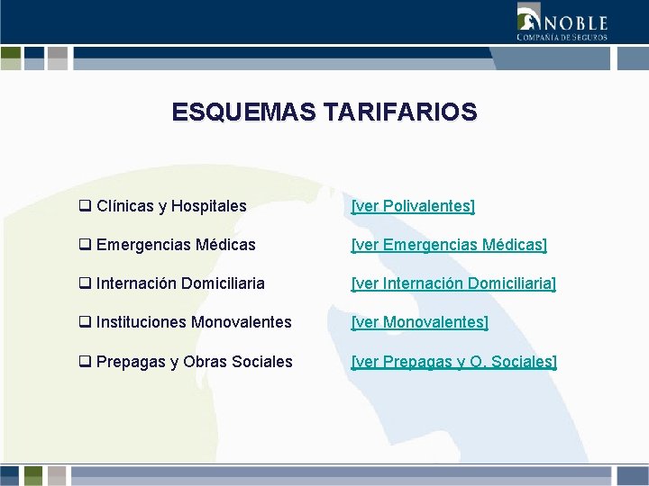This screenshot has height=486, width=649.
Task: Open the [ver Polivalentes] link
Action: pos(413,206)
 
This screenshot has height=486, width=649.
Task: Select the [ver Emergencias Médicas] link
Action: pos(449,245)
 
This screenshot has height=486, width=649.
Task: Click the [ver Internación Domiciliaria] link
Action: pos(453,283)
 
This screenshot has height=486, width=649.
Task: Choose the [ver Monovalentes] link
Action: pos(419,322)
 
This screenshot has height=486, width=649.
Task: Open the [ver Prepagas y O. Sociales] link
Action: pos(454,362)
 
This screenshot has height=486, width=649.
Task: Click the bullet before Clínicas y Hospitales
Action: pos(85,206)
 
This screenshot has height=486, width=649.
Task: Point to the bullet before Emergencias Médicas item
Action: pos(85,245)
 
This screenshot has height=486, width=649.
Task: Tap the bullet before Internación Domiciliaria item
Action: pos(85,283)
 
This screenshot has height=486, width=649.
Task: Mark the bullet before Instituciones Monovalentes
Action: pos(85,322)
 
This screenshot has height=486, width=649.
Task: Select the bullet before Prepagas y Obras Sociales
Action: pos(85,362)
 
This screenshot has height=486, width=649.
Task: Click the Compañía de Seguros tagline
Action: pos(562,37)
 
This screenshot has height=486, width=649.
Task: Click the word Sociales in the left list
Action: pos(262,362)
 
